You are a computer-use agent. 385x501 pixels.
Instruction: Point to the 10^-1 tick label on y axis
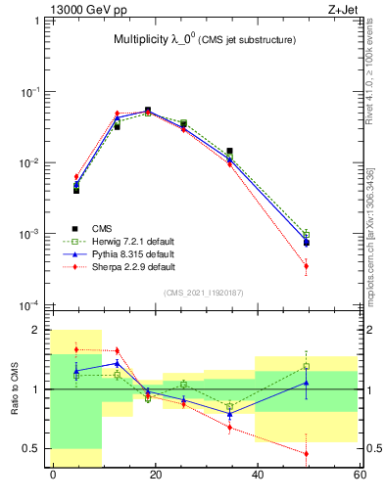point(32,92)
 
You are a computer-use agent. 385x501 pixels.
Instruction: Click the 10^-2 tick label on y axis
point(32,163)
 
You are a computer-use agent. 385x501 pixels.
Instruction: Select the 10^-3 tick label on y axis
point(32,235)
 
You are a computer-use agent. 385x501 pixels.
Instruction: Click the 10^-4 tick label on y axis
point(32,306)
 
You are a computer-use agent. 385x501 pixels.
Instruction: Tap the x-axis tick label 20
point(155,475)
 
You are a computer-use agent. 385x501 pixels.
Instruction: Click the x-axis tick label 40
point(258,475)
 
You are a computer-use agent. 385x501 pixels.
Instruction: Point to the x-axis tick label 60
point(360,475)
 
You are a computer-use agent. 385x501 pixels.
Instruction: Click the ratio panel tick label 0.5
point(33,448)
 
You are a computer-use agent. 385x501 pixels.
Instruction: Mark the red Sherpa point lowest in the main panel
point(307,266)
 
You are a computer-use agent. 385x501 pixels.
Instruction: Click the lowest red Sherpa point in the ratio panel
point(307,453)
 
